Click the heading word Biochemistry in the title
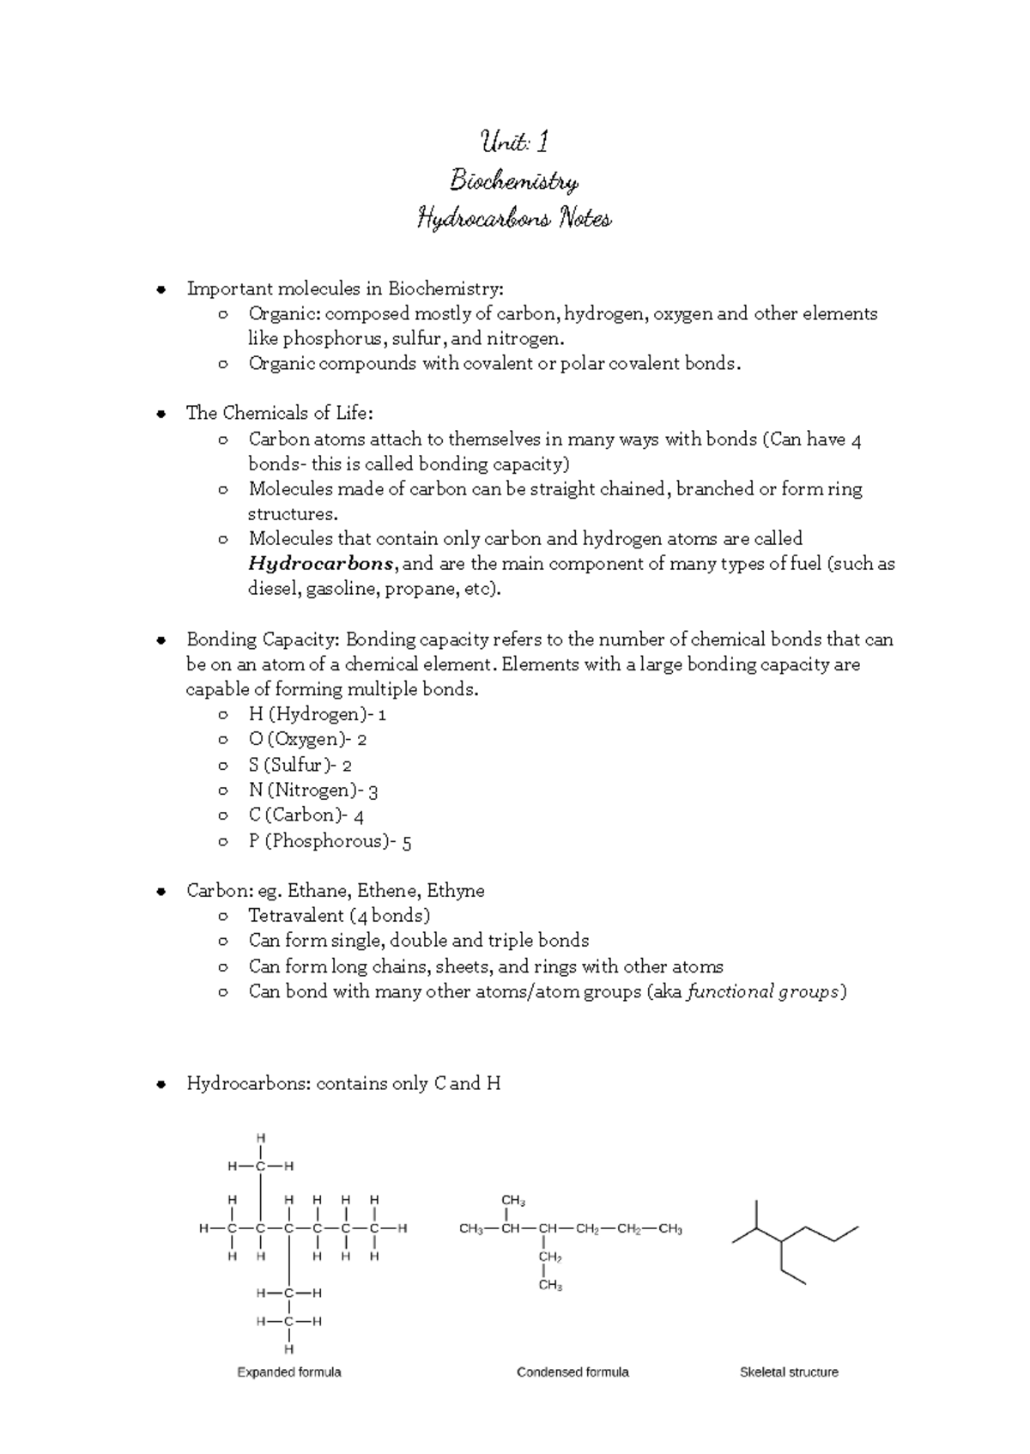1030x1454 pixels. tap(514, 181)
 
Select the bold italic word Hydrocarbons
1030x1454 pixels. tap(321, 564)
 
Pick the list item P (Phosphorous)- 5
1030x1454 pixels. tap(330, 841)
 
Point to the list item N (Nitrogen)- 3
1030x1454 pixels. tap(313, 791)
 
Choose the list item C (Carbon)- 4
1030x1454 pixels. tap(306, 815)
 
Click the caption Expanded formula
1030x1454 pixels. tap(289, 1372)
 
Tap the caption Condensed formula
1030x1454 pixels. tap(573, 1372)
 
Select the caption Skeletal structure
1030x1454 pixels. tap(789, 1372)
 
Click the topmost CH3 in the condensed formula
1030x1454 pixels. tap(513, 1201)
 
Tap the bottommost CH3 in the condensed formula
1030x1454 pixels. tap(550, 1286)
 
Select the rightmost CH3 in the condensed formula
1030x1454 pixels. tap(669, 1229)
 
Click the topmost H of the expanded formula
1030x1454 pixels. tap(261, 1138)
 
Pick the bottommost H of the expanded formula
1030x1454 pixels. tap(289, 1349)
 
